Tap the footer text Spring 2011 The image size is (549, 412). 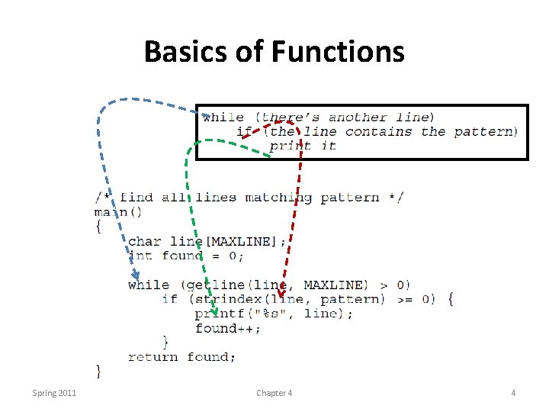54,393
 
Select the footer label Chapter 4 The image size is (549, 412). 274,393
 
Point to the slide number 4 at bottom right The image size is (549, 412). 513,393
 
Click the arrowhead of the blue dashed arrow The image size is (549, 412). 135,275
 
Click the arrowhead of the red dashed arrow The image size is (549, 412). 281,293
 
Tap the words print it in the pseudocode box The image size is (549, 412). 303,146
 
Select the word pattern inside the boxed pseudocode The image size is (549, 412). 485,131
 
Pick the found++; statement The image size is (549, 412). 227,328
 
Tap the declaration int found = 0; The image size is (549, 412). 186,256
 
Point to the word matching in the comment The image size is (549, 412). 278,198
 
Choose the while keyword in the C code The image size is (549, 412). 149,285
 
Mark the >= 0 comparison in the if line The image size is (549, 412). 416,299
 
